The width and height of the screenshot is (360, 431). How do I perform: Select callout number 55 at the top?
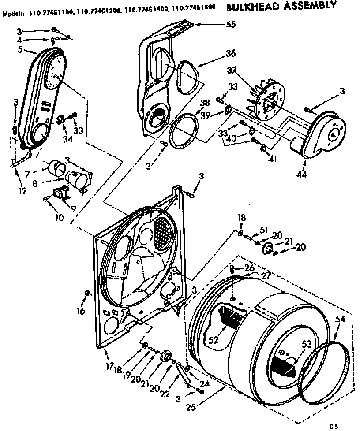click(231, 25)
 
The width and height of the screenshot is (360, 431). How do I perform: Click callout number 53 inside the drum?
click(306, 344)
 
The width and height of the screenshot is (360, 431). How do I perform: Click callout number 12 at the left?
click(22, 190)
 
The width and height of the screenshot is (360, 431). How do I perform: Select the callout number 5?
click(20, 50)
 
